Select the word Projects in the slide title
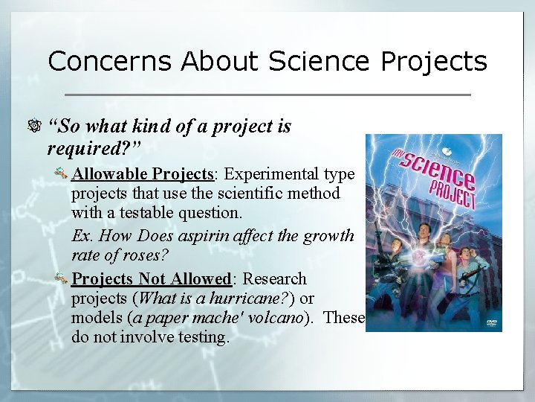point(434,61)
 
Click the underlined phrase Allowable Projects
point(143,174)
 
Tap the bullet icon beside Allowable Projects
point(62,175)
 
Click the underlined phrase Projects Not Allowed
point(152,279)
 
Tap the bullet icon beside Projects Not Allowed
point(62,280)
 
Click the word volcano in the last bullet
point(276,318)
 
